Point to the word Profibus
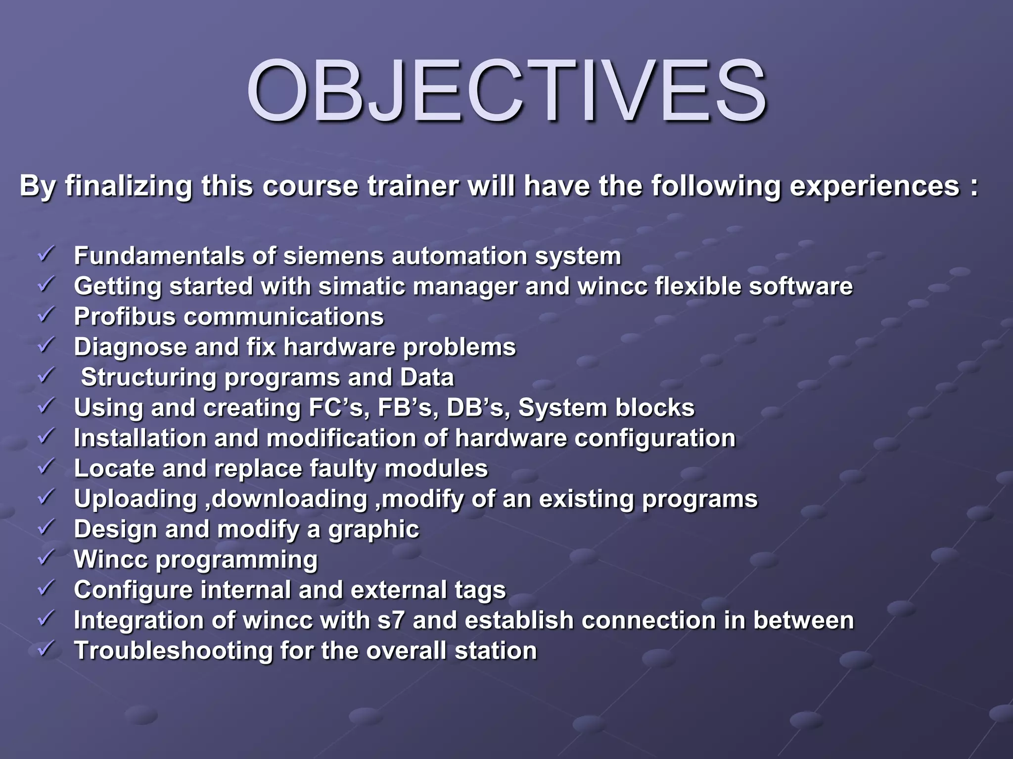point(125,317)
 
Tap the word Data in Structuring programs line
point(426,378)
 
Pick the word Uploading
point(136,500)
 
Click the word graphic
point(373,530)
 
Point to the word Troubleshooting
point(173,651)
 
